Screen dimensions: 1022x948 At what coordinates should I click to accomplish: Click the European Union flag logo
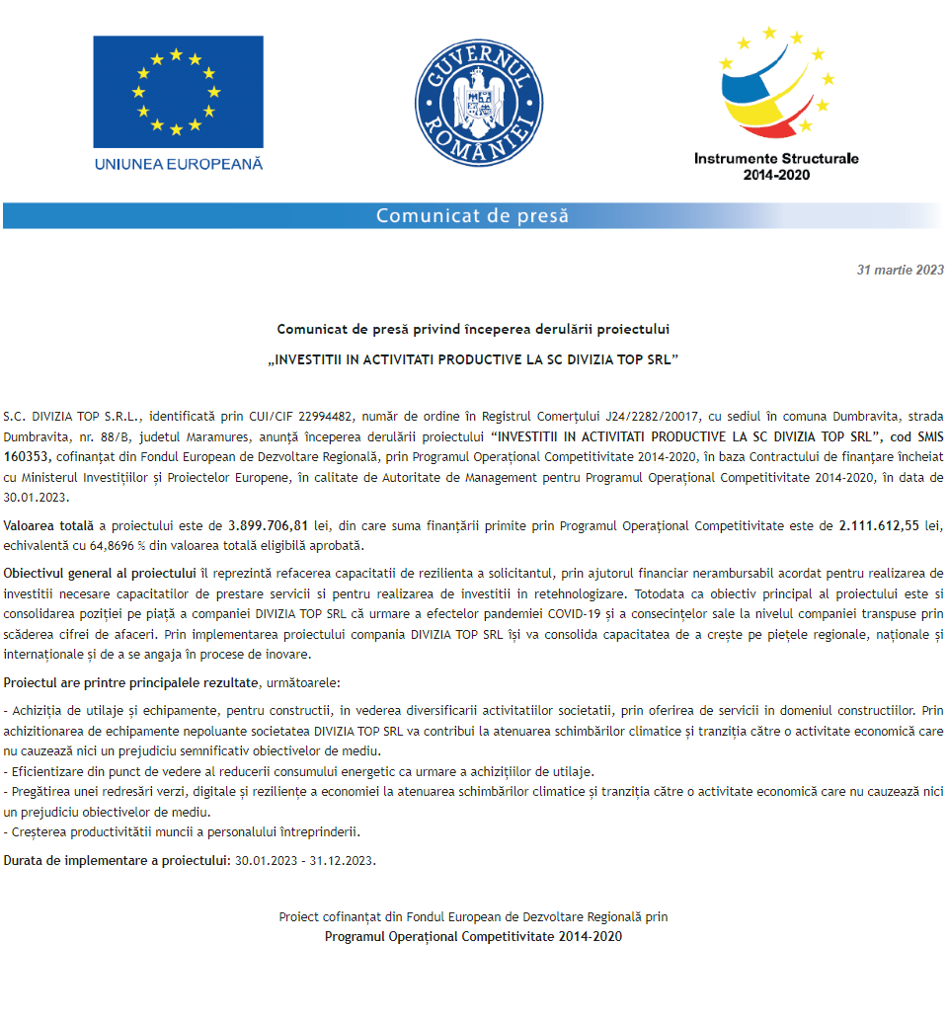[x=178, y=92]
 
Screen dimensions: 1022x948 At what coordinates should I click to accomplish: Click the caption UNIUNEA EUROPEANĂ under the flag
[x=179, y=164]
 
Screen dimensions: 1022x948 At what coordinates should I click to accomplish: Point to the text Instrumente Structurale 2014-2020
[x=776, y=166]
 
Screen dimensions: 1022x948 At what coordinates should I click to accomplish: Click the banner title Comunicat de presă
[x=472, y=216]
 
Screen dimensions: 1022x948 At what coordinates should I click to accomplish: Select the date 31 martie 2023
[x=900, y=270]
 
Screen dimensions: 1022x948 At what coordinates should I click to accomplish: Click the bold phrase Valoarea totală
[x=48, y=525]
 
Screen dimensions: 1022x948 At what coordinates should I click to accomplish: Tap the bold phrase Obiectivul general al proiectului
[x=100, y=574]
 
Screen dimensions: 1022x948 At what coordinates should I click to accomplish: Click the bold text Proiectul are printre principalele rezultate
[x=131, y=682]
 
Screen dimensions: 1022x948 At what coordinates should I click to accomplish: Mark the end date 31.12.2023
[x=342, y=860]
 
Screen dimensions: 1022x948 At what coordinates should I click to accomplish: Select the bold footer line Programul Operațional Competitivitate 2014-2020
[x=473, y=936]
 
